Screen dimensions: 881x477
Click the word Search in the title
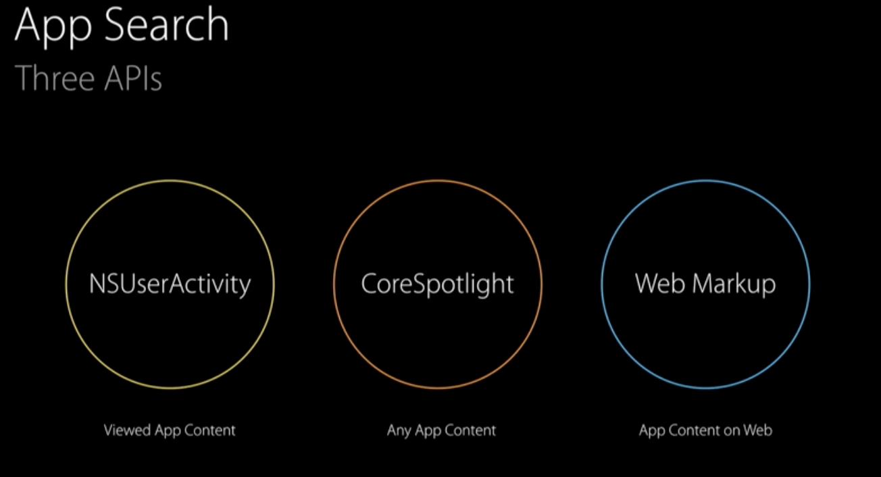coord(166,24)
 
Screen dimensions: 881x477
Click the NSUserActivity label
coord(170,284)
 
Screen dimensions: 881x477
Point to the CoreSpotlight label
coord(437,284)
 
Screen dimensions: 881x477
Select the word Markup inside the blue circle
coord(734,284)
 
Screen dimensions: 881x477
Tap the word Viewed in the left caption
coord(127,430)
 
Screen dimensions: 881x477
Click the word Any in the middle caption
coord(399,430)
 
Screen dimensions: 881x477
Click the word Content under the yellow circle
coord(209,430)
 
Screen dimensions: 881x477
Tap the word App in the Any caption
coord(428,431)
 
